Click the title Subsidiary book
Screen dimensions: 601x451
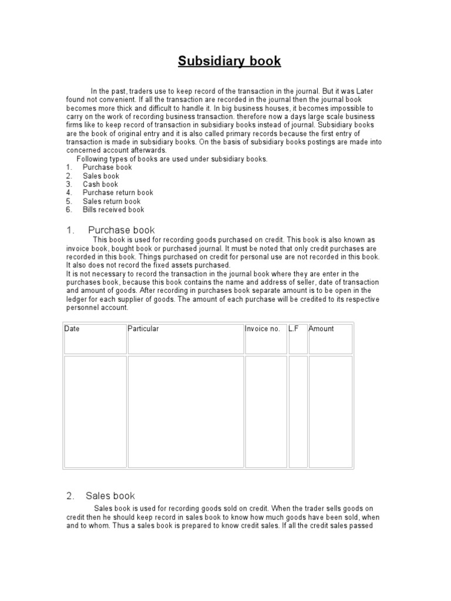click(x=230, y=62)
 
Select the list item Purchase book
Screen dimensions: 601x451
click(x=107, y=167)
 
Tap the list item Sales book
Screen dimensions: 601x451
click(x=100, y=176)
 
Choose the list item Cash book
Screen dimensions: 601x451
click(x=100, y=184)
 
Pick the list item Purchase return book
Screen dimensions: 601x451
click(x=117, y=193)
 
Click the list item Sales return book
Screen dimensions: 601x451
click(x=112, y=201)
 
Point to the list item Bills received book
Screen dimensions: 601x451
click(x=113, y=210)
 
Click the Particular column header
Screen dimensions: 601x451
click(x=143, y=329)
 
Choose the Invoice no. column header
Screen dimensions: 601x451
click(x=262, y=329)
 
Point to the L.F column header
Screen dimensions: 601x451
click(x=294, y=329)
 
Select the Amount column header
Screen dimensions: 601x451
click(x=321, y=329)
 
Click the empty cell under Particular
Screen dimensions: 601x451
click(x=186, y=411)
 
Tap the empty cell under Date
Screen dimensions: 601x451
click(x=95, y=411)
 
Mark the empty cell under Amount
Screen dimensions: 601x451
click(x=330, y=411)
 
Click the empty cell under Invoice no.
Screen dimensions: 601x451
click(x=266, y=411)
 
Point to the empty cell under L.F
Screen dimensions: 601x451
click(x=298, y=411)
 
